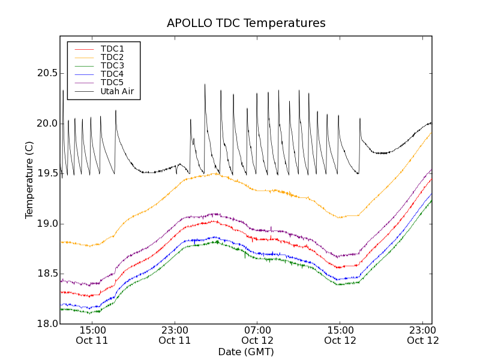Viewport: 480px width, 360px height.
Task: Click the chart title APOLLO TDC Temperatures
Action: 246,23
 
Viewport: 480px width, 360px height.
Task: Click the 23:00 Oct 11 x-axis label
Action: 175,335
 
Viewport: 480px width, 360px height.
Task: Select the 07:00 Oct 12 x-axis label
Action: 257,335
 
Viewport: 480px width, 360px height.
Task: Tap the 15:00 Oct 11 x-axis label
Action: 92,335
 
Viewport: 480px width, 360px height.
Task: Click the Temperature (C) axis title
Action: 29,180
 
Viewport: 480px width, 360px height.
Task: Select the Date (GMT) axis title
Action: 246,352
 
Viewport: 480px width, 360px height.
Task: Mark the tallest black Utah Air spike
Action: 205,85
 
